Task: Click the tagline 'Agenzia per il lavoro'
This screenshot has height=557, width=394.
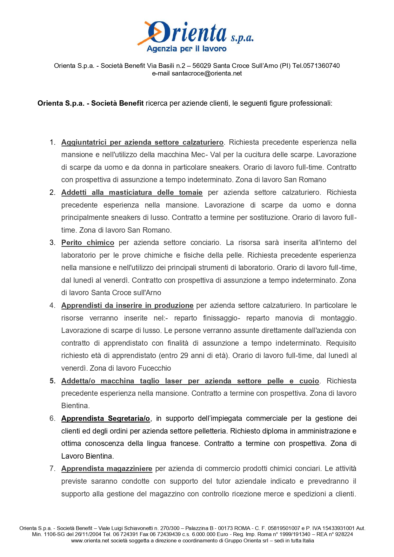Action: [x=187, y=49]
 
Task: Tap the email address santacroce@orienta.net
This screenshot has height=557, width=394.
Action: [x=207, y=73]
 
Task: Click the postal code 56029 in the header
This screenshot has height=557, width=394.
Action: [x=202, y=66]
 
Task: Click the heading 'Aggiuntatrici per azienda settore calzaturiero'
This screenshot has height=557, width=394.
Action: [x=142, y=142]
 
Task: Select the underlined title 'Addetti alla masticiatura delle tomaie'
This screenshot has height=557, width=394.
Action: [x=132, y=192]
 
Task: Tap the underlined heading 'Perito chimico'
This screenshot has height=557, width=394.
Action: [x=88, y=242]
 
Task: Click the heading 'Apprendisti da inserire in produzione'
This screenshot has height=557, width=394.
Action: [x=127, y=305]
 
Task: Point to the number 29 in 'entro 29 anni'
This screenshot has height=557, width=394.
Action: [x=184, y=355]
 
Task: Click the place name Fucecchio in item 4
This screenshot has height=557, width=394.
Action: [x=155, y=368]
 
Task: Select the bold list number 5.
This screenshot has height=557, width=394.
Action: [x=52, y=381]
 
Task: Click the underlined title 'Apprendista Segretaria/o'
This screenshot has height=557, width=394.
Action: [x=105, y=418]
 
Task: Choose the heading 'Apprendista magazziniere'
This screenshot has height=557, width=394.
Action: [x=107, y=468]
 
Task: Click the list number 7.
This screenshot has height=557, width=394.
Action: [x=52, y=468]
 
